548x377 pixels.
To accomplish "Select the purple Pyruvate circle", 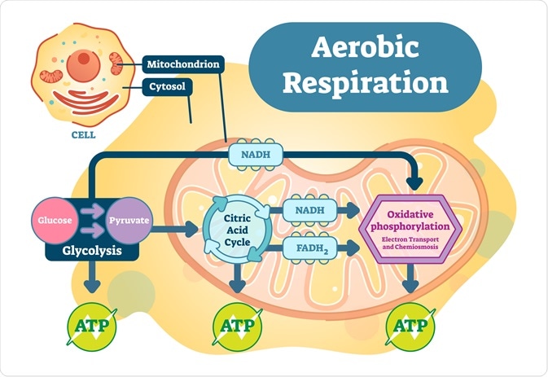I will [129, 221].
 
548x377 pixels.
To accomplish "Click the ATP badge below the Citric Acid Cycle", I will [238, 327].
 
